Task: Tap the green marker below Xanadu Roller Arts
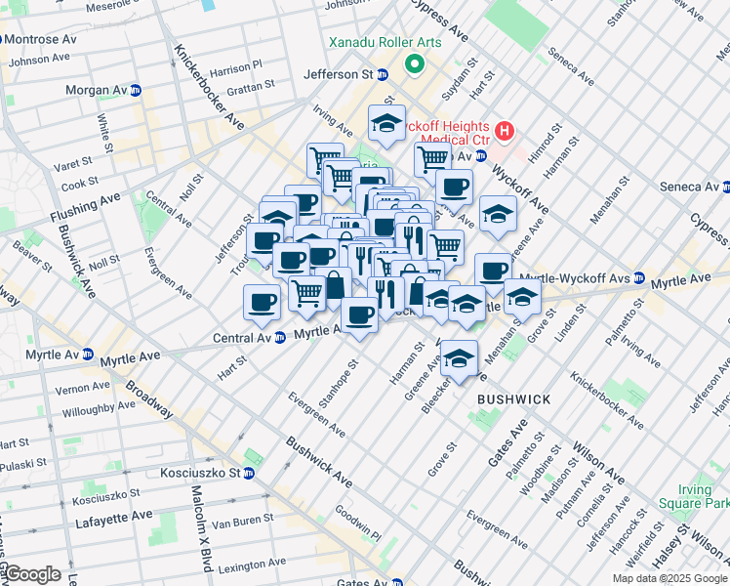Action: [x=414, y=65]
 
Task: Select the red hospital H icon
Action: [x=505, y=130]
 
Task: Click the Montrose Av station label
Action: [x=41, y=40]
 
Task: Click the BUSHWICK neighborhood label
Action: [x=513, y=399]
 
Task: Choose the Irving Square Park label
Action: [x=703, y=495]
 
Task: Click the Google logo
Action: [x=32, y=574]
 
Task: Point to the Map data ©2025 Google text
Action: [x=669, y=578]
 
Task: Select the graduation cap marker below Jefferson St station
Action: [x=386, y=123]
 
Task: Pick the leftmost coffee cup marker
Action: [x=261, y=302]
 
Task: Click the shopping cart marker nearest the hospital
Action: [x=432, y=157]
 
